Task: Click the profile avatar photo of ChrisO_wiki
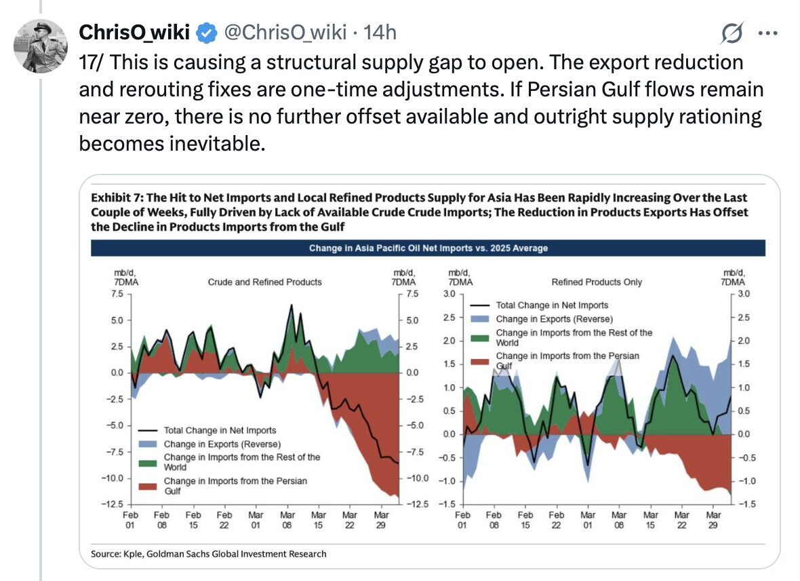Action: (41, 45)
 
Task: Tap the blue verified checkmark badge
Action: (205, 32)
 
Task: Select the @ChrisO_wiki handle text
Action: (285, 32)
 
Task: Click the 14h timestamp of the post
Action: (380, 32)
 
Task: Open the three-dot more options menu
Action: (767, 32)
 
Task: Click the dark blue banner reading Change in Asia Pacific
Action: (428, 248)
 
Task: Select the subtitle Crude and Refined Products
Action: (264, 282)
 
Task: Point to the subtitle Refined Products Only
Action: (597, 282)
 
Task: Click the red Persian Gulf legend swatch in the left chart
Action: (148, 485)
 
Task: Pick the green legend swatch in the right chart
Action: (479, 337)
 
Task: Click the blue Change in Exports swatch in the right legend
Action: (479, 318)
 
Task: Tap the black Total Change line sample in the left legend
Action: (148, 430)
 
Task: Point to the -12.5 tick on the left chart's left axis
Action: (113, 504)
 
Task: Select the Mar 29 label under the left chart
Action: (381, 521)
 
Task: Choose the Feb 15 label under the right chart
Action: (525, 521)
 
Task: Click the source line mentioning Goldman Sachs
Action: (209, 554)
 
